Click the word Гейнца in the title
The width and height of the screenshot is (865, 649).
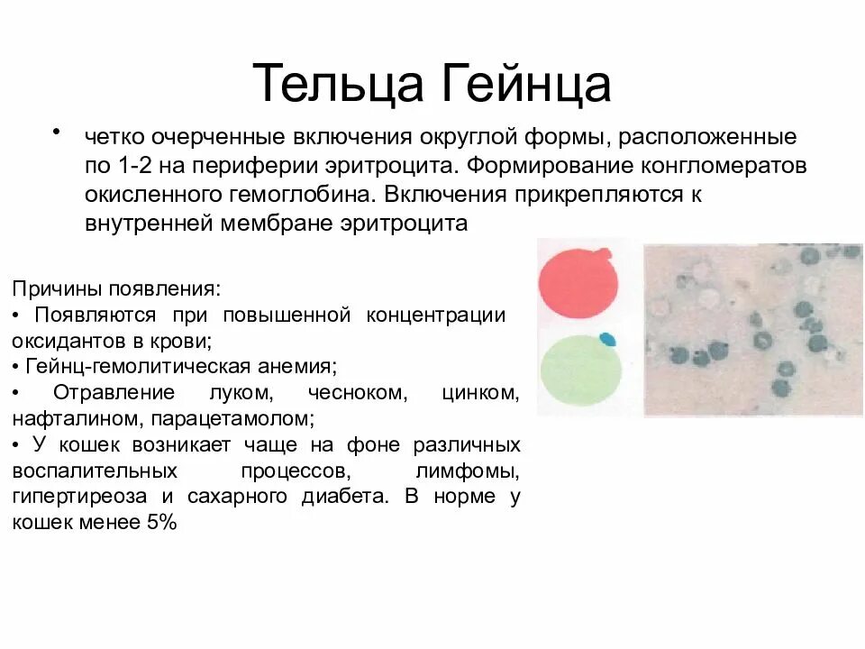click(527, 84)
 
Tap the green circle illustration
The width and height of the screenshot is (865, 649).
click(578, 370)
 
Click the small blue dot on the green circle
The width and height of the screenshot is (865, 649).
click(608, 340)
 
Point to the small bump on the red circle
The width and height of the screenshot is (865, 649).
click(612, 255)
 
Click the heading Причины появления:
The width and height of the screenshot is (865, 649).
click(115, 289)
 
